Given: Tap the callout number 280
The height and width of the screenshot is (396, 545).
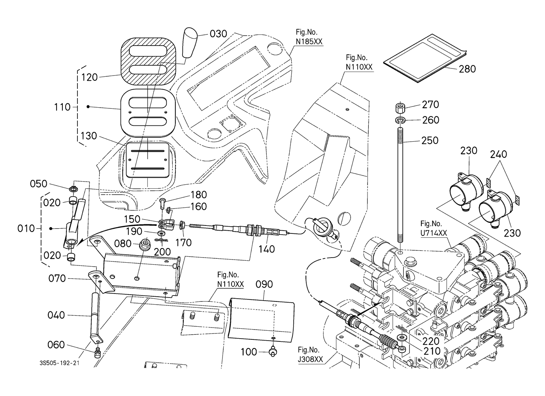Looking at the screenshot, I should [467, 69].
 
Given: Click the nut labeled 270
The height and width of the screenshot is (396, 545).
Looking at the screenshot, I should [400, 108].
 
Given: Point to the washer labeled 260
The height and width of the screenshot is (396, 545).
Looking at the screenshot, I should [400, 119].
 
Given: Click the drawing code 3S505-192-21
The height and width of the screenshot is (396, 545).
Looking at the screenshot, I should [59, 363].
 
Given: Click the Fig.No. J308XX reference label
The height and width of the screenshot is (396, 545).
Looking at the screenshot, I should [310, 355].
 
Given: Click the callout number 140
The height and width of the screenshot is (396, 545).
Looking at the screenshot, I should [267, 249].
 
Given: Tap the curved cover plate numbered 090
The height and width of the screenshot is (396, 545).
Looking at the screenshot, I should [263, 316].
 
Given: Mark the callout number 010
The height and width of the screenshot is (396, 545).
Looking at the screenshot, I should [26, 229].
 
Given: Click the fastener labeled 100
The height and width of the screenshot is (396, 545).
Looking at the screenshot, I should [272, 351].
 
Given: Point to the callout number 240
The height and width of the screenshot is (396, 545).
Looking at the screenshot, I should [498, 154].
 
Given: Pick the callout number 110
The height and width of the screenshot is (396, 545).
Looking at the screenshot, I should [62, 107].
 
